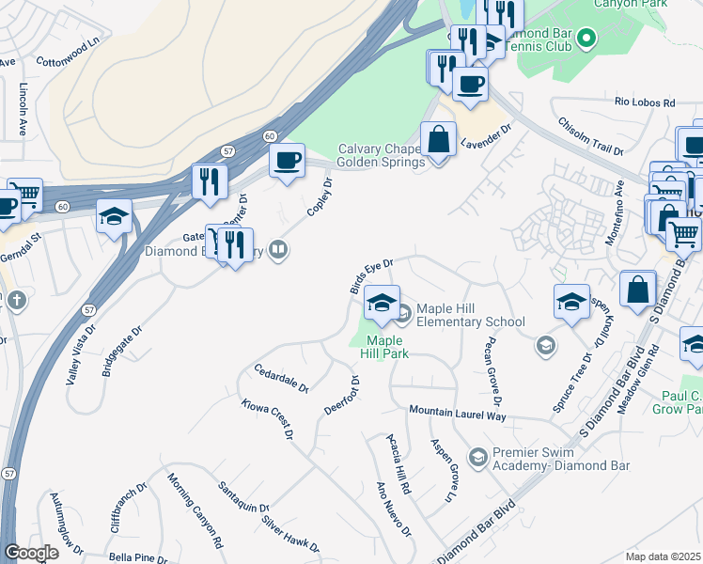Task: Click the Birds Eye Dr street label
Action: click(371, 276)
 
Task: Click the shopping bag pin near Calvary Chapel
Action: click(438, 141)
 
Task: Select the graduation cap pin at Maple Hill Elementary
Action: click(382, 304)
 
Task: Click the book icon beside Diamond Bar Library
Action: click(277, 250)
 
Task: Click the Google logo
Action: click(31, 553)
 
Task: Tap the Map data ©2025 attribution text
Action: click(663, 556)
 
